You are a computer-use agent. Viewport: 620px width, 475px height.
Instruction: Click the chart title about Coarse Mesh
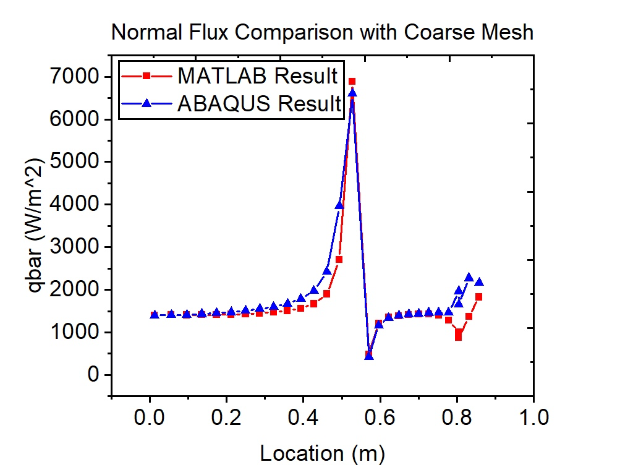[x=321, y=32]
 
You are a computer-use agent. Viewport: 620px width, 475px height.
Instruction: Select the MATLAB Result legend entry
[x=257, y=76]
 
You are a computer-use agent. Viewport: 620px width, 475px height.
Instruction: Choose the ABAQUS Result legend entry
[x=259, y=103]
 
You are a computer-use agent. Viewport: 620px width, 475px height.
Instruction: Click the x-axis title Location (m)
[x=322, y=453]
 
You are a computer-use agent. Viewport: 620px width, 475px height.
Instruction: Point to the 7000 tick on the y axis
[x=77, y=77]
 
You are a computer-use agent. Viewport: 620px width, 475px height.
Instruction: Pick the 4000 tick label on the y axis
[x=77, y=205]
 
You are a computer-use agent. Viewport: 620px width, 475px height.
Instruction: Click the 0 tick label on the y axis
[x=93, y=375]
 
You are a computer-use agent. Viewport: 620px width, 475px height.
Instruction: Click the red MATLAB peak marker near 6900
[x=352, y=82]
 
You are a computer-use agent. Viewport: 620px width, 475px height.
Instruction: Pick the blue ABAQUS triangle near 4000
[x=339, y=205]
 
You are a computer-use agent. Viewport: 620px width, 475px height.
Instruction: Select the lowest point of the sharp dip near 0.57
[x=369, y=356]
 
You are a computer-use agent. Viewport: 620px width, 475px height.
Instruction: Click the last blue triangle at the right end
[x=478, y=282]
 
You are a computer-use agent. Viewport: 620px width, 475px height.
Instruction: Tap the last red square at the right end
[x=478, y=297]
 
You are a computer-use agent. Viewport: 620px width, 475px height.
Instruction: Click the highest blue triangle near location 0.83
[x=469, y=277]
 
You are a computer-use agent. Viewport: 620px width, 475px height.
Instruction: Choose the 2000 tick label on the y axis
[x=77, y=290]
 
